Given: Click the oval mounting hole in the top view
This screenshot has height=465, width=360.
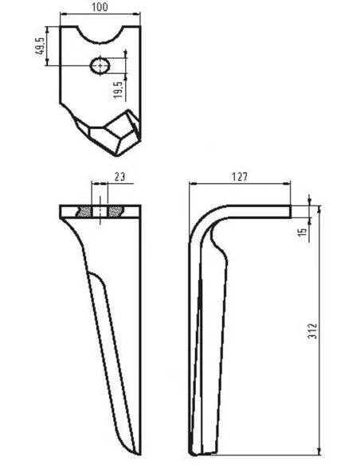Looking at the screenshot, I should [x=99, y=65].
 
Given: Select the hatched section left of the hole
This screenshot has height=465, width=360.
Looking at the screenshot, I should [x=82, y=211].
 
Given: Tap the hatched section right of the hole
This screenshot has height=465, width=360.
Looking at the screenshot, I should [x=115, y=211].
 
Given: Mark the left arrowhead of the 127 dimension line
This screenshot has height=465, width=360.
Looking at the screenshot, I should [x=192, y=184].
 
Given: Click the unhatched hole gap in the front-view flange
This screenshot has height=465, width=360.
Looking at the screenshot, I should [x=99, y=211].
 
